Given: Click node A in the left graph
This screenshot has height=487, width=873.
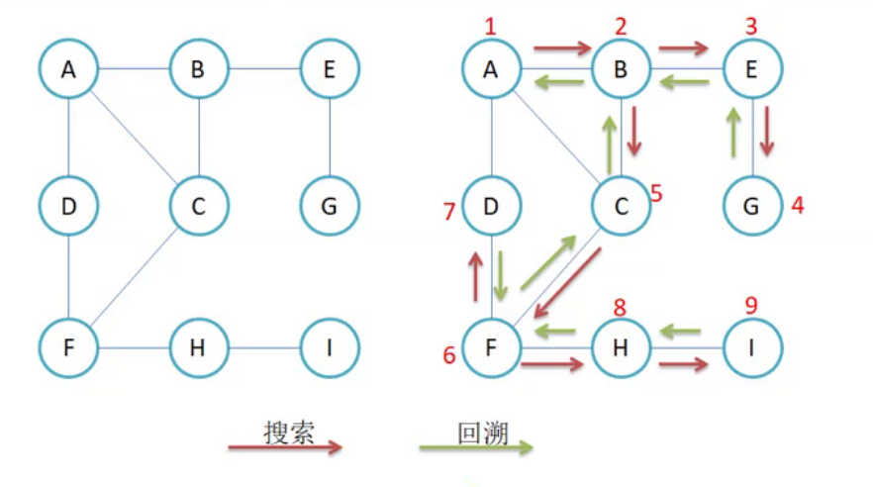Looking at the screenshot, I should point(68,69).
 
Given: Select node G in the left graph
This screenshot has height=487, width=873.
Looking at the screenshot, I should point(329,207).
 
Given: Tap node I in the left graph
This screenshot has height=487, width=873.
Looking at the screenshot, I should point(329,347).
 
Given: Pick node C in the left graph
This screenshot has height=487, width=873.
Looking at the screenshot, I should point(199,207).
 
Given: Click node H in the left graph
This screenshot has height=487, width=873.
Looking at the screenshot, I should point(199,347).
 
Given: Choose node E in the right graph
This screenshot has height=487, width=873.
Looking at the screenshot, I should point(752,69).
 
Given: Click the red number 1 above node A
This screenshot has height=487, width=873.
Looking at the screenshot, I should point(489,26).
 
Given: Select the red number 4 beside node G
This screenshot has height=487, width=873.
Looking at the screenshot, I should point(797,207).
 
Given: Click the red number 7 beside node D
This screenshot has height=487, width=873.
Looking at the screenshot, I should point(449,211).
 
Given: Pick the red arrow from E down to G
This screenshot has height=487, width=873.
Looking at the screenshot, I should point(767,132).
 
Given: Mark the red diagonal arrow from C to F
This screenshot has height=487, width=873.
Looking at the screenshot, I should point(568,282).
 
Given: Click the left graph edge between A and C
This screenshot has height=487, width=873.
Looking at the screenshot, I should point(134,138).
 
